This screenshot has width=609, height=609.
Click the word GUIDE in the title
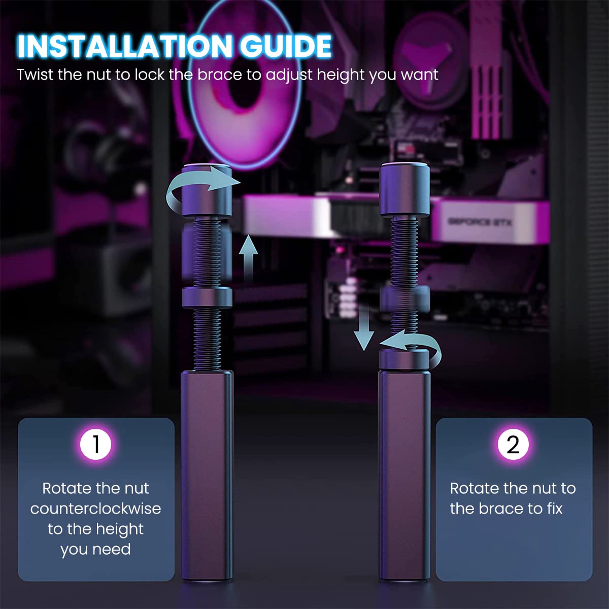(x=285, y=47)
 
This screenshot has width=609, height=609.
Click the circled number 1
(x=95, y=444)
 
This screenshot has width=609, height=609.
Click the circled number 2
(x=513, y=444)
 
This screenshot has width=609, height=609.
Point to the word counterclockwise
(x=95, y=509)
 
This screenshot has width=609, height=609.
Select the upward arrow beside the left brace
(x=248, y=259)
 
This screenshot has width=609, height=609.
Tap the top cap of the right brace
(x=404, y=189)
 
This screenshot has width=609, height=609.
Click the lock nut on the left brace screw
(x=207, y=297)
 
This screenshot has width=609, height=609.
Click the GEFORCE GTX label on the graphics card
(x=479, y=222)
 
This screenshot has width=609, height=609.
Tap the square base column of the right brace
(x=404, y=477)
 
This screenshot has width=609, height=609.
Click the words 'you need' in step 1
(x=95, y=549)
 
